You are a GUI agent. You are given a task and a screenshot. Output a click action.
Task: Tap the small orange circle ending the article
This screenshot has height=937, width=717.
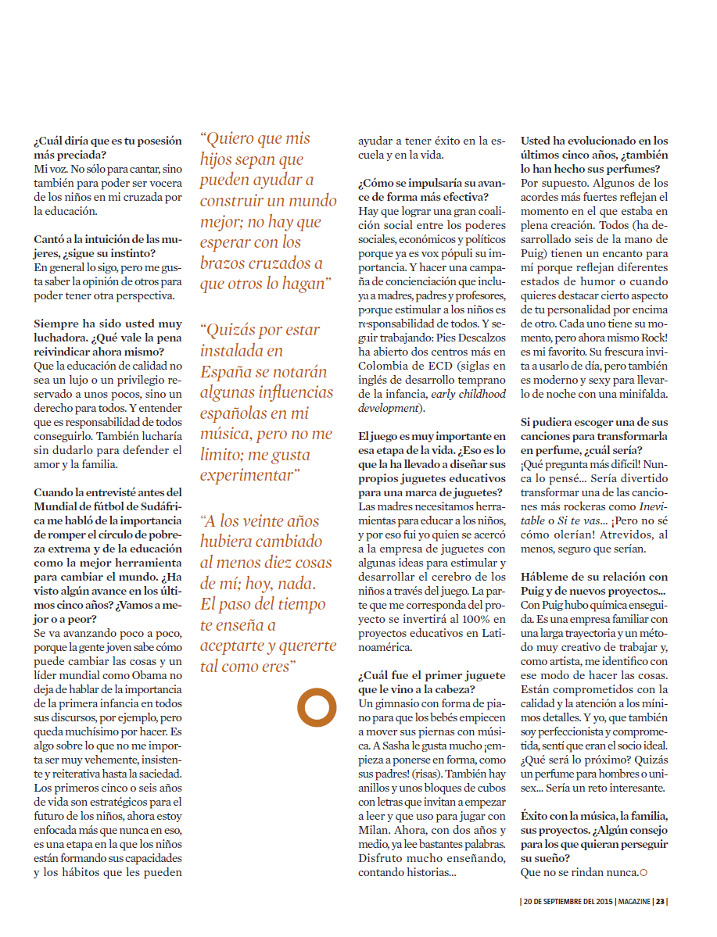pyautogui.click(x=644, y=871)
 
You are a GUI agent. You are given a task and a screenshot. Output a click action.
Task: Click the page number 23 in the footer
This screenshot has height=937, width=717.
pyautogui.click(x=661, y=901)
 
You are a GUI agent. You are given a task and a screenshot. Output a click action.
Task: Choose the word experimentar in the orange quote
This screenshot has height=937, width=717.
pyautogui.click(x=249, y=475)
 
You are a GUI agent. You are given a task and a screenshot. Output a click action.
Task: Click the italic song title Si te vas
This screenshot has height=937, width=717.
pyautogui.click(x=579, y=520)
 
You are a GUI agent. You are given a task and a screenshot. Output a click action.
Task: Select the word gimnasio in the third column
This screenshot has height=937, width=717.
pyautogui.click(x=397, y=704)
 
